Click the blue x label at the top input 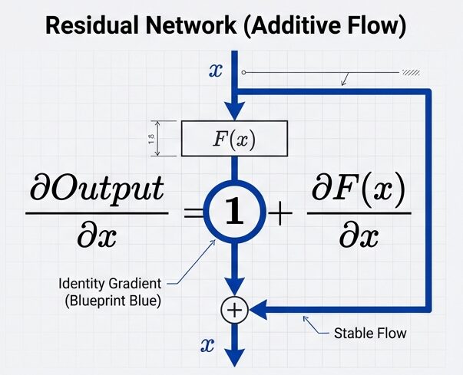(216, 70)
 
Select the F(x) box (233, 138)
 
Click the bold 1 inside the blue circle (233, 210)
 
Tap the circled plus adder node (233, 310)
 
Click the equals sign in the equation (193, 211)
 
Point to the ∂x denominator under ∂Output (96, 237)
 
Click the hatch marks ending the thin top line (410, 73)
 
